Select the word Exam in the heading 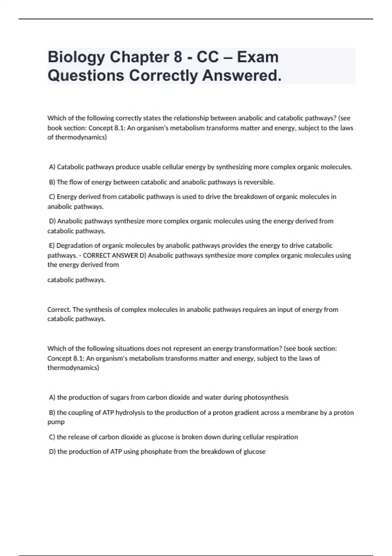(x=258, y=57)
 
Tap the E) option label (x=52, y=246)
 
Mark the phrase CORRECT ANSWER (x=110, y=255)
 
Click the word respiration (x=282, y=437)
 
